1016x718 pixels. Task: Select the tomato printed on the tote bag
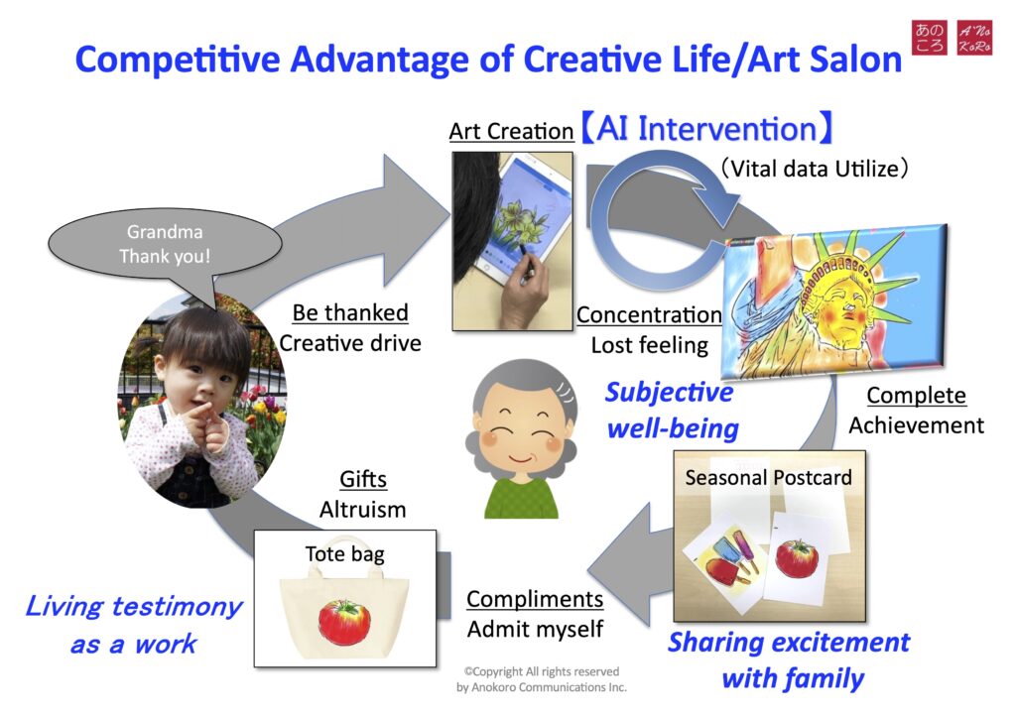344,622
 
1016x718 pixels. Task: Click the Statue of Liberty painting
834,301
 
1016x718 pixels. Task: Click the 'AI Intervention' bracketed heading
706,128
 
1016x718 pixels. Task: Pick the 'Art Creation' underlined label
511,132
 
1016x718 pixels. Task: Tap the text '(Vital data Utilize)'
815,169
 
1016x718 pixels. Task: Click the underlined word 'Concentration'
649,314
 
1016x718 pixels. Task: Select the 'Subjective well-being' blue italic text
672,410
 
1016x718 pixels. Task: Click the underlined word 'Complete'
916,395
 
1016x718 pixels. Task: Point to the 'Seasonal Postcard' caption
769,478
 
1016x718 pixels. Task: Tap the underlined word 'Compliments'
535,599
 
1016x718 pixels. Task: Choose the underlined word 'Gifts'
363,479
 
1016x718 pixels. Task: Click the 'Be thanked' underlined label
350,312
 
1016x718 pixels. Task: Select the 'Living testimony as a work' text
134,625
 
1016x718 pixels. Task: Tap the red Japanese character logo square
930,38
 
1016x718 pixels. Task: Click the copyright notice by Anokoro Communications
542,679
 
